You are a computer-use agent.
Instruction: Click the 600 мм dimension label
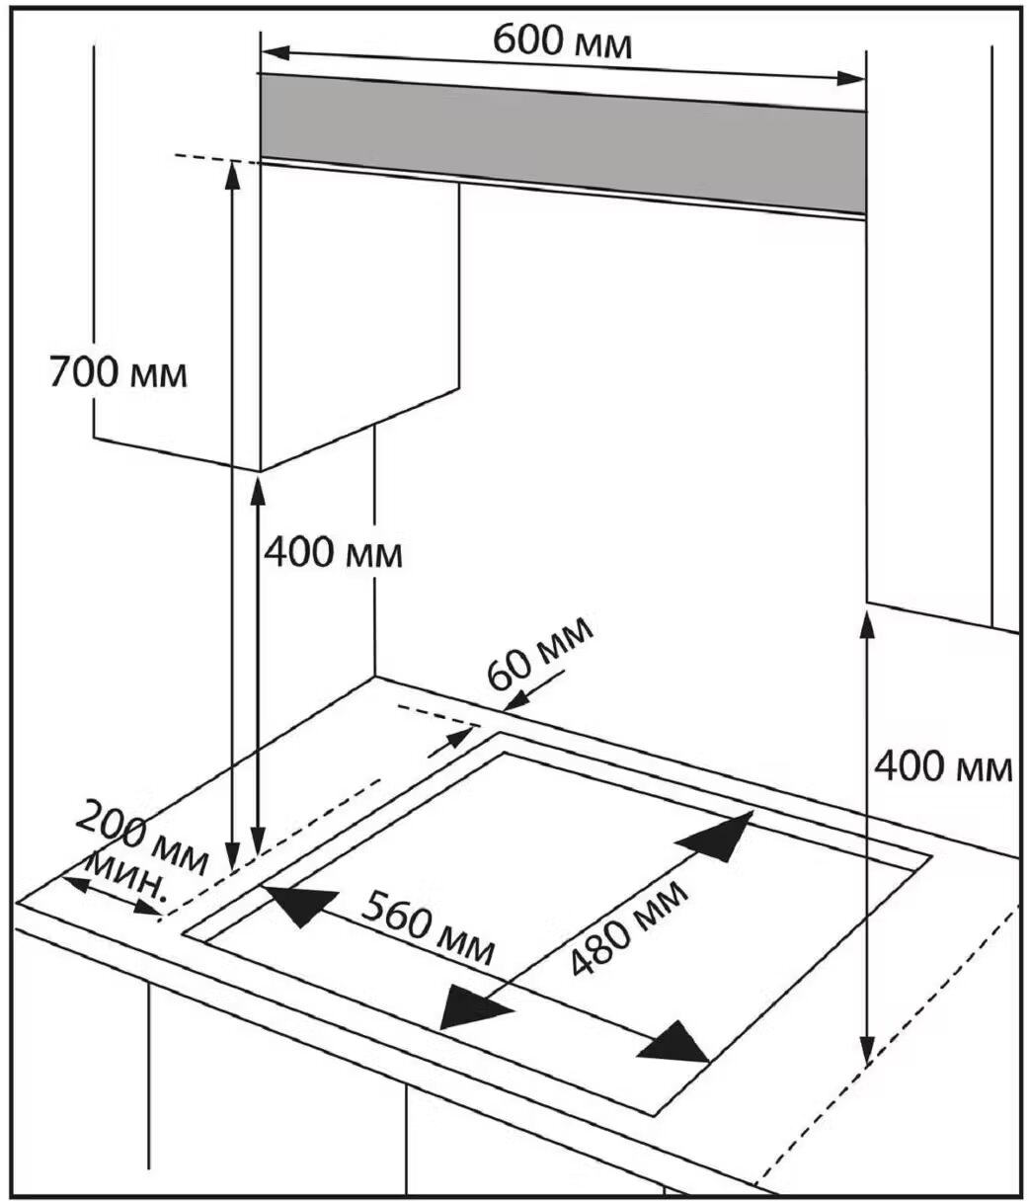pyautogui.click(x=561, y=41)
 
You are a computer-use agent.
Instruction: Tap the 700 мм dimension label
pyautogui.click(x=118, y=374)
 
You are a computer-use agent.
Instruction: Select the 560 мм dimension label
pyautogui.click(x=427, y=926)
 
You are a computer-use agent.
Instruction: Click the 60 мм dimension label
pyautogui.click(x=541, y=653)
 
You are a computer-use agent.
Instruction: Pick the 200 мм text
pyautogui.click(x=142, y=838)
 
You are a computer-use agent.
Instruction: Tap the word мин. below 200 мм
pyautogui.click(x=127, y=873)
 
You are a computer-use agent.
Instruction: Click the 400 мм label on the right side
pyautogui.click(x=944, y=765)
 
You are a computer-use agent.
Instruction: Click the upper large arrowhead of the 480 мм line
pyautogui.click(x=721, y=836)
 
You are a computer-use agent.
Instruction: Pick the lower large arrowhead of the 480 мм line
pyautogui.click(x=471, y=1007)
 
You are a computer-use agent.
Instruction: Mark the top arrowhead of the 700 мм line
pyautogui.click(x=233, y=172)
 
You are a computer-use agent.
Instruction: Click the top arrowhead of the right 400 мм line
pyautogui.click(x=867, y=624)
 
